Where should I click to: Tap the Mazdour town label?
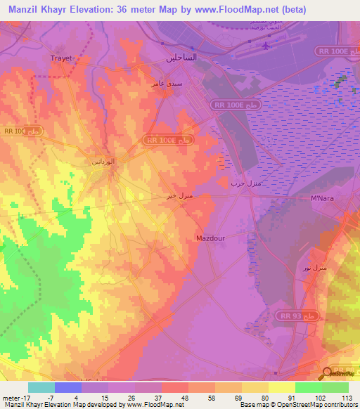(x=210, y=238)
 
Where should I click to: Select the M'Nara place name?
(x=323, y=199)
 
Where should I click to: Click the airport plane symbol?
(x=265, y=47)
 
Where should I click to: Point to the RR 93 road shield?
(x=288, y=316)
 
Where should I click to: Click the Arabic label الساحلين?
(x=181, y=58)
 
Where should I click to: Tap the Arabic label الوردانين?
(x=104, y=162)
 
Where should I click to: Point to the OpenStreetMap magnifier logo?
(x=328, y=374)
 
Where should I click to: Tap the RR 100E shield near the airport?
(x=328, y=52)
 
